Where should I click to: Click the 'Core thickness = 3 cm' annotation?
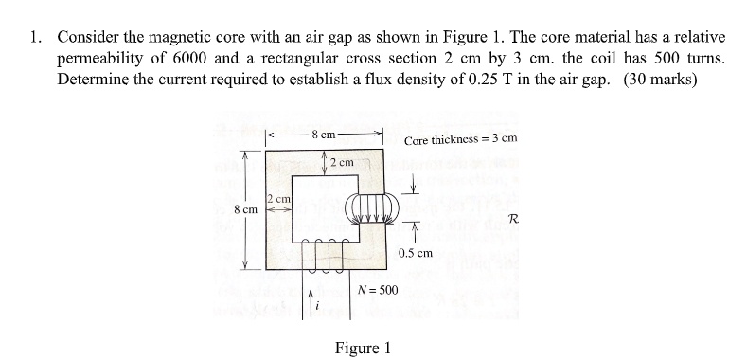(x=460, y=140)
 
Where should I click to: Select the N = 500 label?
(x=378, y=289)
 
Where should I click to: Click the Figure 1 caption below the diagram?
(x=363, y=347)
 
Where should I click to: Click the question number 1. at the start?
(x=35, y=38)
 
